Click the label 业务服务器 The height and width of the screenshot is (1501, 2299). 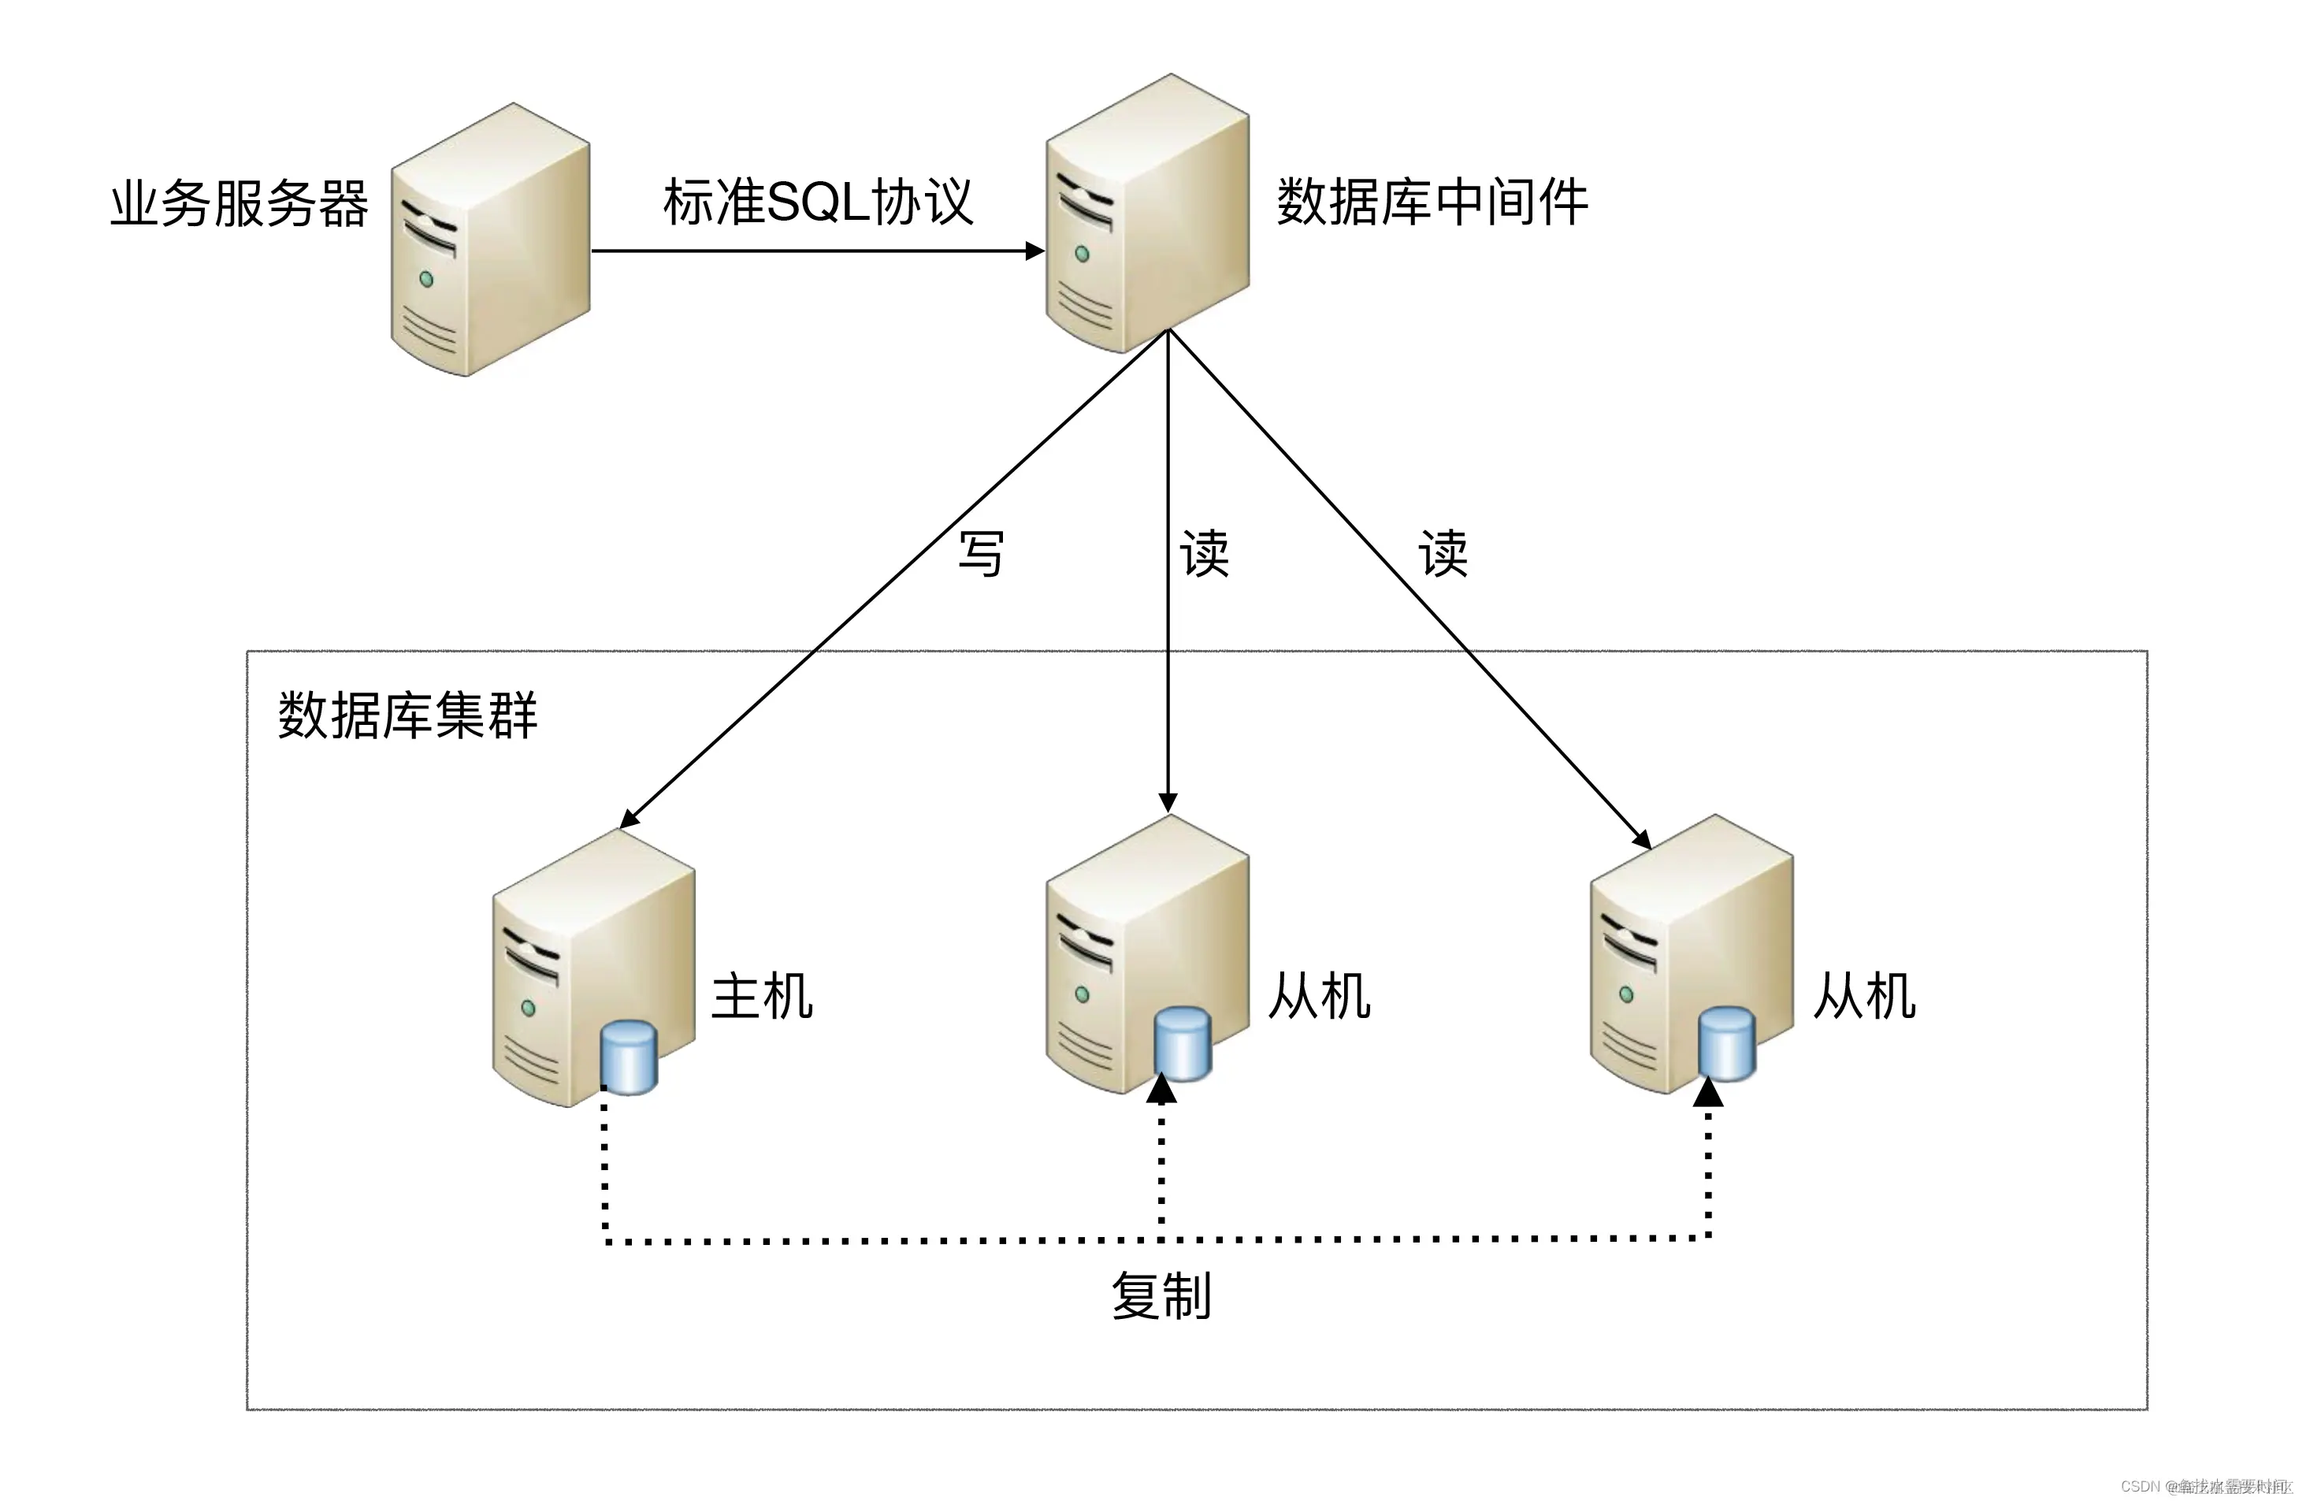click(x=239, y=204)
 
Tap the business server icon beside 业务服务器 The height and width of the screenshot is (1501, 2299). click(x=490, y=240)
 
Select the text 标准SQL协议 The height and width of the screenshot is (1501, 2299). click(x=817, y=202)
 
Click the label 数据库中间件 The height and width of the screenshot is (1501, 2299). click(x=1432, y=202)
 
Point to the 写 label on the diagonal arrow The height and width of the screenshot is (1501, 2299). click(x=980, y=555)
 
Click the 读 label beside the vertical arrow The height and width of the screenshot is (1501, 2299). click(x=1204, y=555)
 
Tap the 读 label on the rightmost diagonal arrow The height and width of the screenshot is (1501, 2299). click(x=1443, y=555)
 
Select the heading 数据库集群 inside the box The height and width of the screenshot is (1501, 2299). click(x=407, y=715)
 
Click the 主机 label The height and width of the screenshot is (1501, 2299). click(x=761, y=997)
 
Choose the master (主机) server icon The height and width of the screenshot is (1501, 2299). click(x=580, y=957)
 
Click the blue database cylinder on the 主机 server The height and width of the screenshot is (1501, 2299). click(x=629, y=1057)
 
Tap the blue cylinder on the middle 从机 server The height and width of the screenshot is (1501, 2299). click(x=1183, y=1044)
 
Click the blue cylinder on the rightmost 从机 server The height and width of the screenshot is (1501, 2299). click(x=1726, y=1044)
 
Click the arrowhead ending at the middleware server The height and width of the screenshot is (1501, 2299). click(x=1034, y=251)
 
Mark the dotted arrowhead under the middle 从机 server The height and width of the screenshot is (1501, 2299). click(x=1161, y=1090)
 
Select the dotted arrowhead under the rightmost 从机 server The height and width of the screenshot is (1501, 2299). click(x=1708, y=1092)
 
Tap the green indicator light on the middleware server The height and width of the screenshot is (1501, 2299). click(x=1082, y=254)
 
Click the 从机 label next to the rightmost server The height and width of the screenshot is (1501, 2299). click(x=1863, y=997)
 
